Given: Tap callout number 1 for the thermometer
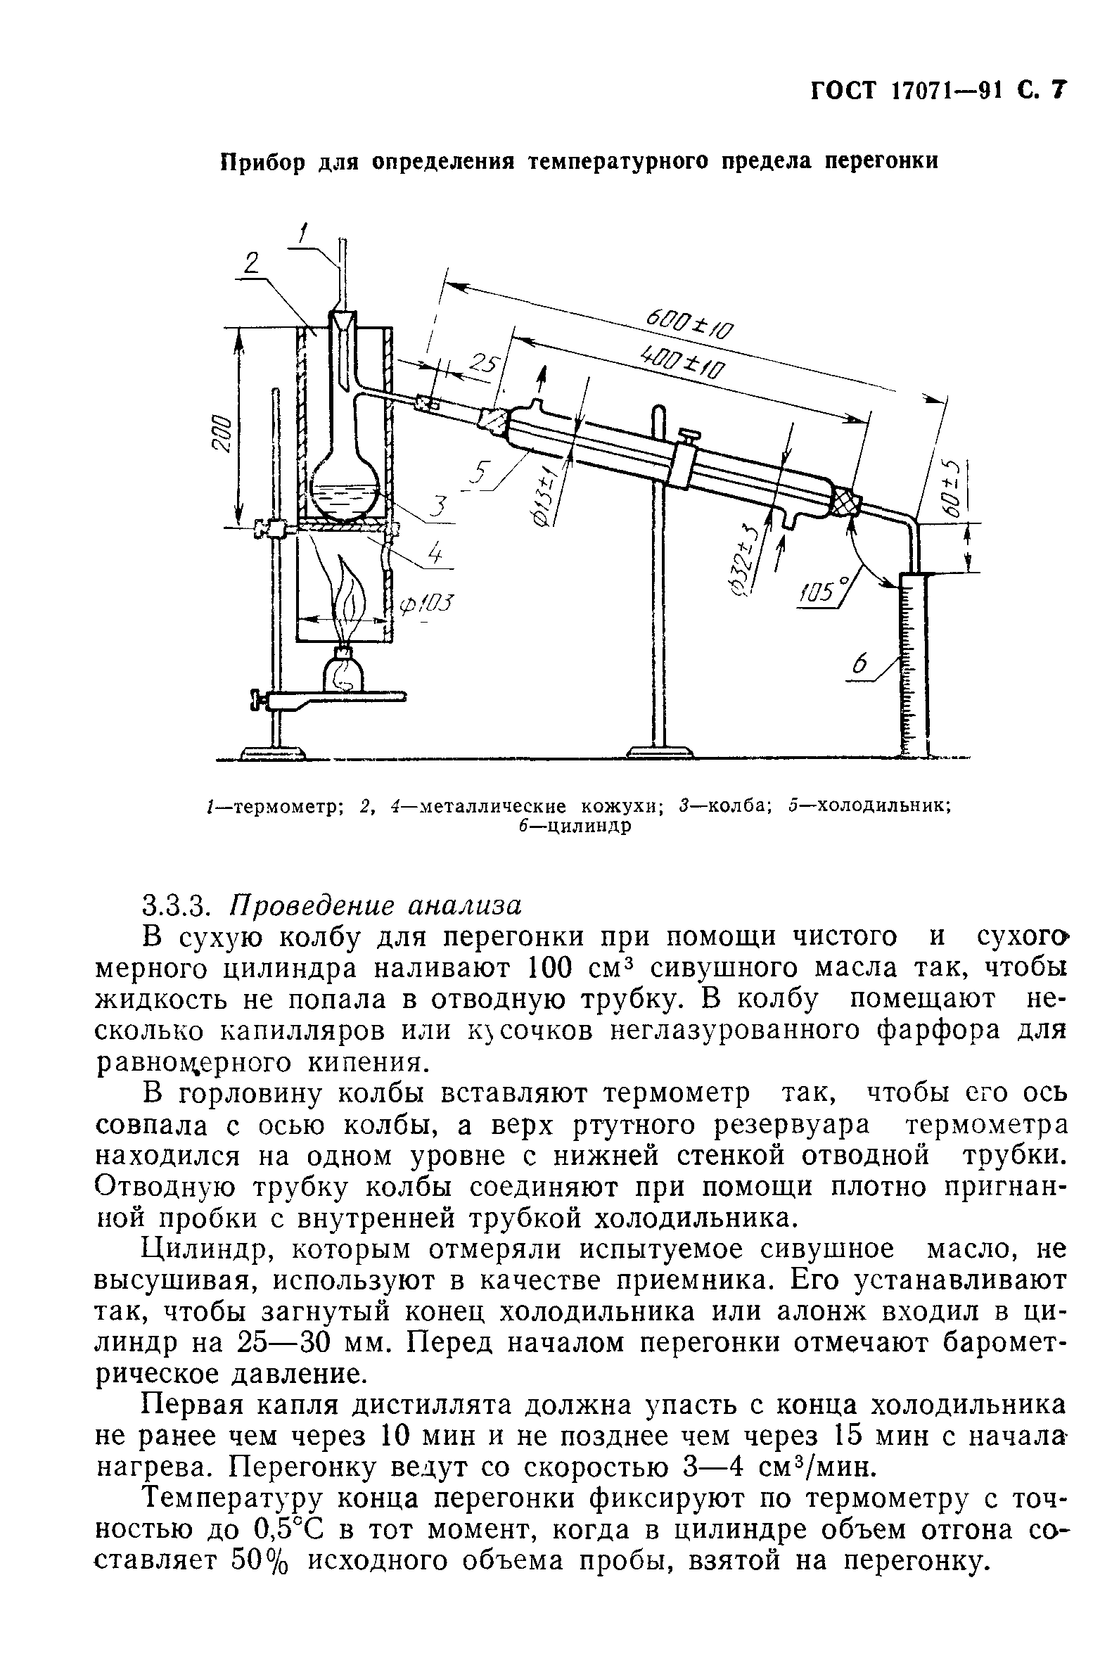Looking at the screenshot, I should [x=304, y=234].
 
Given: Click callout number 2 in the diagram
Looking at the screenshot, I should [x=251, y=263].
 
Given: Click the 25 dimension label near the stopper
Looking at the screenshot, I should [x=485, y=364].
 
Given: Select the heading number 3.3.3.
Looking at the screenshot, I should [x=175, y=905].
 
